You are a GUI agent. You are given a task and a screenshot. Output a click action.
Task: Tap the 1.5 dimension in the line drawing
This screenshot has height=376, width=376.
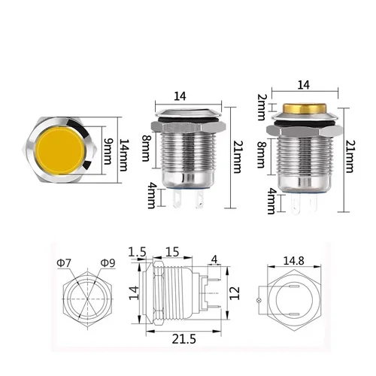pyautogui.click(x=137, y=250)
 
